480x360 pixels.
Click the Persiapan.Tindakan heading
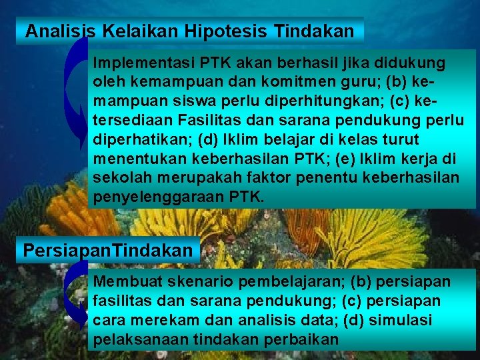pyautogui.click(x=109, y=251)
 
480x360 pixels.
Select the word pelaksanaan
pyautogui.click(x=136, y=340)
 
